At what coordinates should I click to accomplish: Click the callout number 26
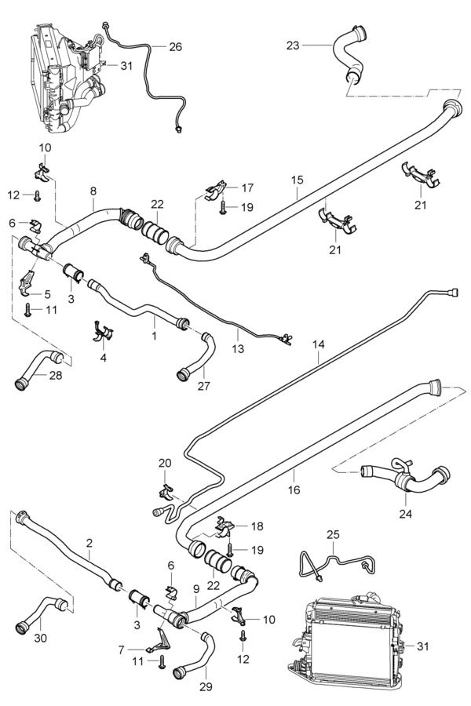click(175, 46)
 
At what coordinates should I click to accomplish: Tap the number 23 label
click(292, 45)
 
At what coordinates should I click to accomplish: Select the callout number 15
click(297, 180)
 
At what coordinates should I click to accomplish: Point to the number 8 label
click(93, 191)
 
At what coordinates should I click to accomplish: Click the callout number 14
click(318, 344)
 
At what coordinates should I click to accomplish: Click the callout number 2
click(89, 543)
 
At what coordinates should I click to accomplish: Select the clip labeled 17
click(214, 189)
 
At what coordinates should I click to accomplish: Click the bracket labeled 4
click(102, 329)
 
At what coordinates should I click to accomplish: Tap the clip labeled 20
click(166, 492)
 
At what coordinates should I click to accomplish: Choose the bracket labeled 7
click(158, 642)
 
